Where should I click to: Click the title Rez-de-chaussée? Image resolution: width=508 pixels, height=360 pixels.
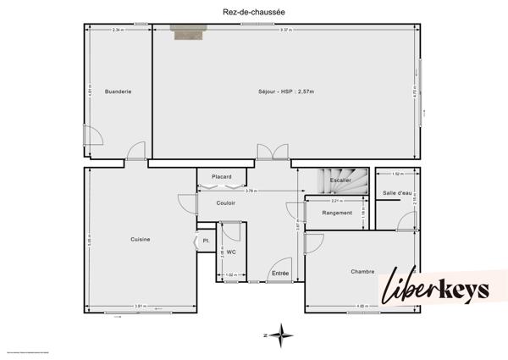[254, 11]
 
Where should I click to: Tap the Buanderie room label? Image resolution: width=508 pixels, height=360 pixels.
[118, 91]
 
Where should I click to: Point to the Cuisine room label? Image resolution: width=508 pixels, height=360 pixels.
[141, 240]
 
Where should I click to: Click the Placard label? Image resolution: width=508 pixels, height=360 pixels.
[222, 176]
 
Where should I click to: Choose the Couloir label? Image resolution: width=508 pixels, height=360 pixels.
[225, 202]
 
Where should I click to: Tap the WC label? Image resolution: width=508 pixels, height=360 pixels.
[231, 252]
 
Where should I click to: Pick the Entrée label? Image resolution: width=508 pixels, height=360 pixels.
[280, 273]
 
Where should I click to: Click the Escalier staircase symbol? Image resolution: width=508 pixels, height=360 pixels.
[340, 180]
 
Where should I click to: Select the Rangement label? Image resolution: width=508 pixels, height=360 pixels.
[337, 213]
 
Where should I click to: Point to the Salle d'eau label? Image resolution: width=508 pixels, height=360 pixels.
[397, 193]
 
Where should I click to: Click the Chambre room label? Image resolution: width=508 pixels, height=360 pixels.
[362, 271]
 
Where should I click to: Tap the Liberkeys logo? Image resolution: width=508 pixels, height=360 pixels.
[437, 290]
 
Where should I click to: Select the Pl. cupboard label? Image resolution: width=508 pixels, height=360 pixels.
[205, 241]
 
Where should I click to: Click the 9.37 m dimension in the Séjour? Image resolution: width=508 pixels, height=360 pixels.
[287, 30]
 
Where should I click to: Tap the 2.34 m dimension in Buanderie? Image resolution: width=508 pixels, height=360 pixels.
[118, 30]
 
